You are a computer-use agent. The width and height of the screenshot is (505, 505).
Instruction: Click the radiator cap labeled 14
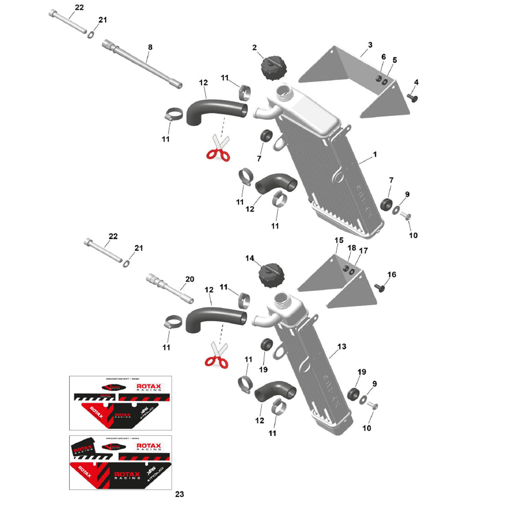[x=272, y=276]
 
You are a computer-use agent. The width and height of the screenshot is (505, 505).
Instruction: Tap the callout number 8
[x=149, y=47]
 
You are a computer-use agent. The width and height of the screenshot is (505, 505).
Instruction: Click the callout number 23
[x=181, y=494]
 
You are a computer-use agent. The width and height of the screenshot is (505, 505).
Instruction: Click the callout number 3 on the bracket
[x=370, y=45]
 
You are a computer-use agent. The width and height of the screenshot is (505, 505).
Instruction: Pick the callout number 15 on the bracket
[x=338, y=240]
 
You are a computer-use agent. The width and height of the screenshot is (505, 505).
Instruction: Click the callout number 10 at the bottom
[x=367, y=428]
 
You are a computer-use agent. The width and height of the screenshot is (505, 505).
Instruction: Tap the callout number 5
[x=394, y=60]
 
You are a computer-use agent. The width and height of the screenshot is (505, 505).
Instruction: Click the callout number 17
[x=364, y=250]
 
